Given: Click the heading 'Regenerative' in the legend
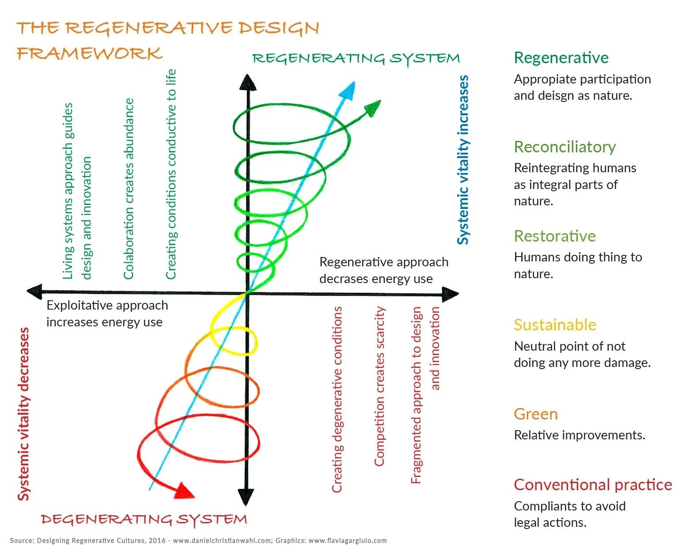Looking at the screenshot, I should [561, 58].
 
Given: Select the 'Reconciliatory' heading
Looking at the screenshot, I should [564, 147].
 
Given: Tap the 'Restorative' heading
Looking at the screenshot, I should [554, 236].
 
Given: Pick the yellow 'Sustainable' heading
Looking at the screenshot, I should [555, 325].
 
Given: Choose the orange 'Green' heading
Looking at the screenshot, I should [535, 414].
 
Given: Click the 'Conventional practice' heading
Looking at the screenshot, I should [592, 485].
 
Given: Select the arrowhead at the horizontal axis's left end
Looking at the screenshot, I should [35, 291].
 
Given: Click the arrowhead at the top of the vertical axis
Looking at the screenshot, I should [247, 83].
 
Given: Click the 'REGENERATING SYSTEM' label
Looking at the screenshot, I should [356, 58].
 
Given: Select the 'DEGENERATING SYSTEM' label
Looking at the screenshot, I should [144, 519].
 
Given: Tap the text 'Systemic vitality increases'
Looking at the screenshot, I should [462, 160].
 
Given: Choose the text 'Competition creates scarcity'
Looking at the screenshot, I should [379, 386].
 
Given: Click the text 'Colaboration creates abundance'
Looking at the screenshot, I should [129, 189].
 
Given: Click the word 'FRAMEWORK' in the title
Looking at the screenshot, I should [90, 53].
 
